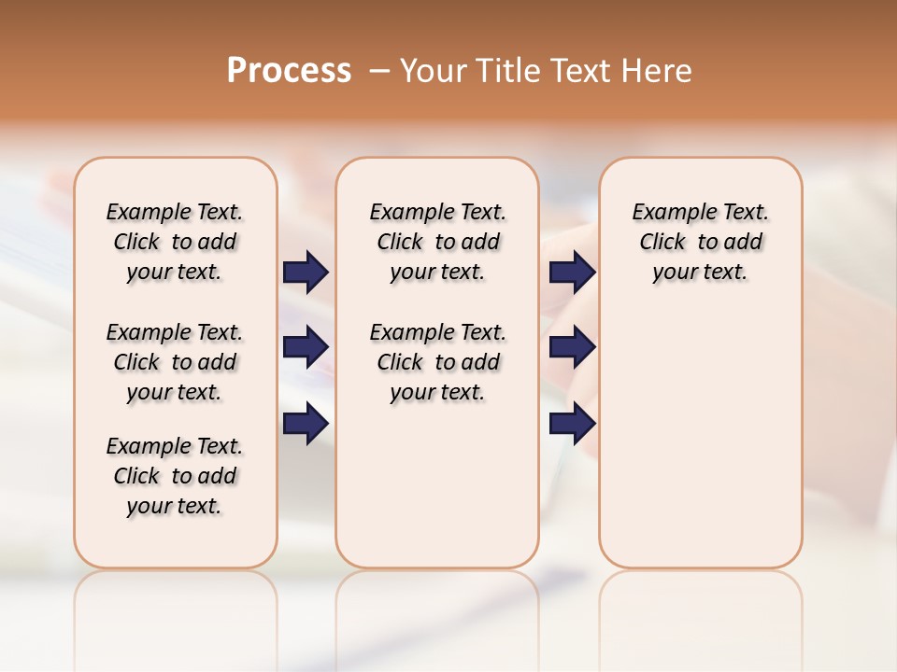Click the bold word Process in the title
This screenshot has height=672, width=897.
click(x=289, y=71)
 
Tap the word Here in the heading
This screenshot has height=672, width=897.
click(x=656, y=71)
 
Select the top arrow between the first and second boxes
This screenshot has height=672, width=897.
click(x=306, y=273)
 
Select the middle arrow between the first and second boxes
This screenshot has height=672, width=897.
click(x=306, y=347)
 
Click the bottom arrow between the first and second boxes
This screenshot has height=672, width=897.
click(x=306, y=424)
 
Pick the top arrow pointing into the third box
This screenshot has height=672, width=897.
click(x=572, y=273)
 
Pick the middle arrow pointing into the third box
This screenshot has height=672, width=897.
click(x=572, y=347)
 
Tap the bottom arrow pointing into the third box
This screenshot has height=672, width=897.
click(x=572, y=424)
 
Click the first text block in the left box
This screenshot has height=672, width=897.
click(x=175, y=242)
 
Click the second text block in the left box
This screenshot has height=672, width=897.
click(x=175, y=362)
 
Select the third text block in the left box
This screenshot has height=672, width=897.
click(x=175, y=476)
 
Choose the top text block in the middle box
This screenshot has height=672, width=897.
click(x=437, y=242)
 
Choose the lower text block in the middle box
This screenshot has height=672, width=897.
click(x=437, y=362)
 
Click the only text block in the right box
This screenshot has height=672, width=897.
click(x=700, y=242)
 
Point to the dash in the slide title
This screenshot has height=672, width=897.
click(x=379, y=71)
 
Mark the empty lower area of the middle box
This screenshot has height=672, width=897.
click(x=437, y=485)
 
